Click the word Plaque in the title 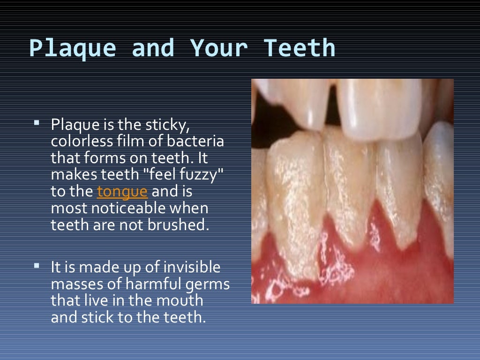pyautogui.click(x=72, y=49)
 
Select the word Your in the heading pyautogui.click(x=218, y=49)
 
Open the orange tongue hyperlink pyautogui.click(x=122, y=192)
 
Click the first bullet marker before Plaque pyautogui.click(x=37, y=123)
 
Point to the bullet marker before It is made pyautogui.click(x=37, y=266)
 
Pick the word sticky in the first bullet pyautogui.click(x=172, y=125)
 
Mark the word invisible pyautogui.click(x=192, y=268)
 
